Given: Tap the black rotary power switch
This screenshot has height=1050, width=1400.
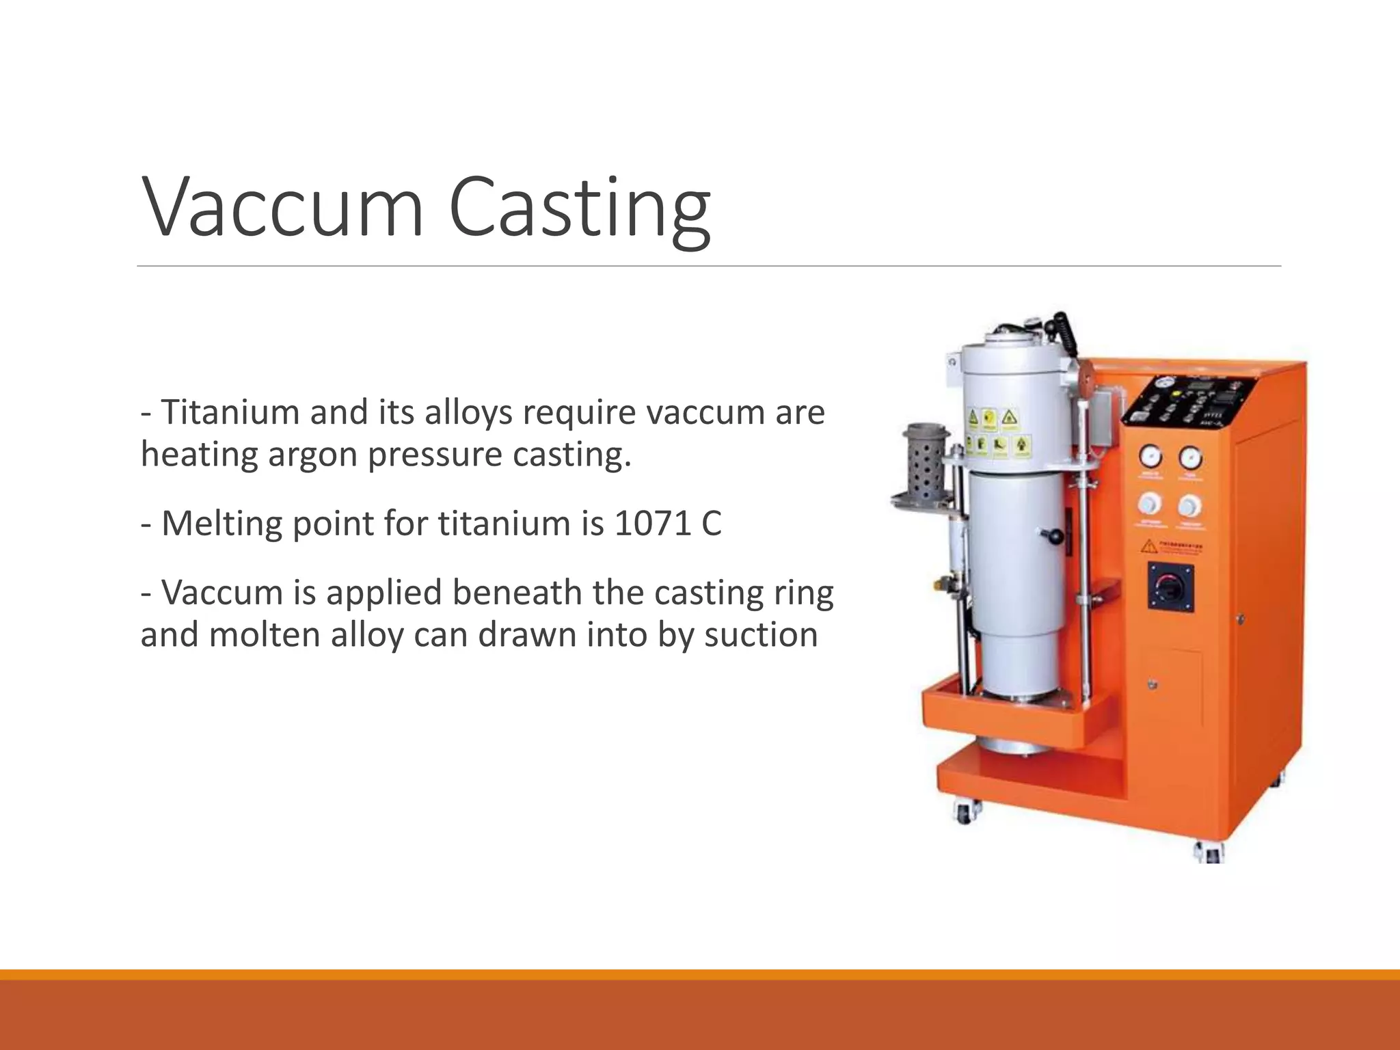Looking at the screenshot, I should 1170,587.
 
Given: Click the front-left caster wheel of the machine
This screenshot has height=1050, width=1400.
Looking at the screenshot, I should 965,813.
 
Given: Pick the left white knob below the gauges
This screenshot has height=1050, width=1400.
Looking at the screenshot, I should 1148,504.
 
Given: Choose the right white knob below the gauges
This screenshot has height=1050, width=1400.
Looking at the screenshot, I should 1190,506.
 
